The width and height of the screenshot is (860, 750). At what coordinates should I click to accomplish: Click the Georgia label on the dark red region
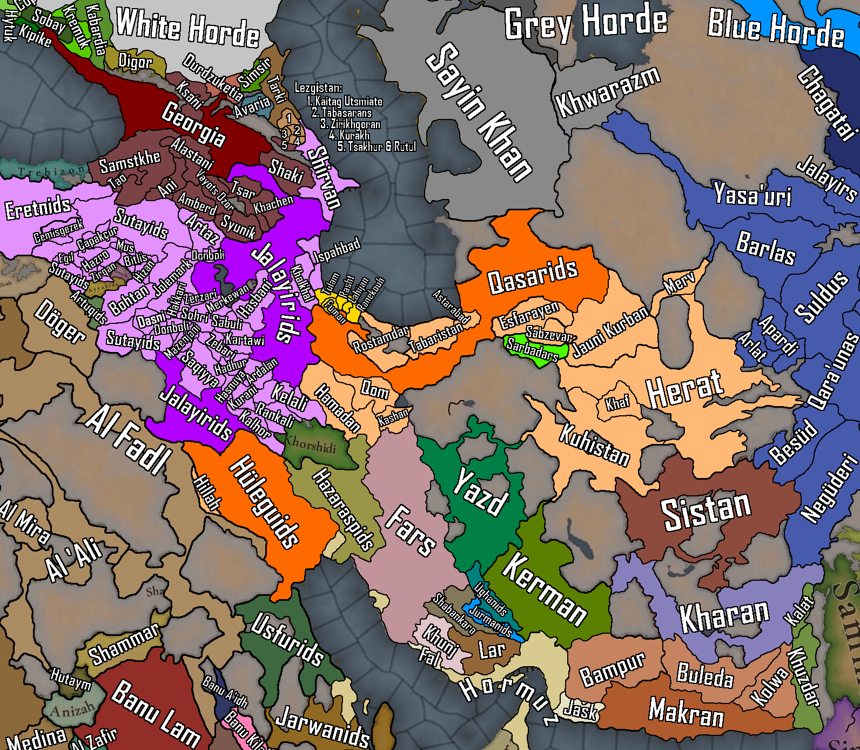[193, 124]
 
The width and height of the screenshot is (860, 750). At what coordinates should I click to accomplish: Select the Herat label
[684, 389]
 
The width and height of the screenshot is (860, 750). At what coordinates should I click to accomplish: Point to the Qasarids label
[532, 276]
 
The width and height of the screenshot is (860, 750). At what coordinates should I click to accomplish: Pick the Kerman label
[544, 589]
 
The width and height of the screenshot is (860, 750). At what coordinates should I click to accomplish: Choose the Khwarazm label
[607, 92]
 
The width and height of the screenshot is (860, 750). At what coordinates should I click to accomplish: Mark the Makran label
[686, 712]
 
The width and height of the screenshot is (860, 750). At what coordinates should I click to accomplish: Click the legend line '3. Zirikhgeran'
[350, 124]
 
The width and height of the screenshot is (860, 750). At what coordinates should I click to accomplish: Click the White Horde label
[187, 27]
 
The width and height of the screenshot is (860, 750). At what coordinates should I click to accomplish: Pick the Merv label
[679, 283]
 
